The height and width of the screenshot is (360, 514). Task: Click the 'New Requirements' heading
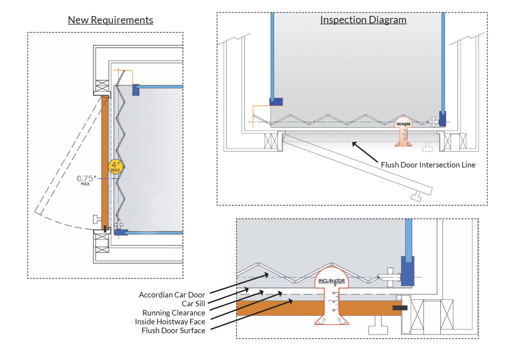pos(110,20)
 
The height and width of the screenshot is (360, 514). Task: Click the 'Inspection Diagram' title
pos(363,20)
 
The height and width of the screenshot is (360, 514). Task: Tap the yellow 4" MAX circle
pos(115,166)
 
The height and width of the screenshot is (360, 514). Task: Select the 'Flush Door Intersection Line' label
pos(428,165)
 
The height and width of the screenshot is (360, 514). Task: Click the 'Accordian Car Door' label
pos(172,295)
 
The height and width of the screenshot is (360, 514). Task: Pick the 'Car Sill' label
pos(193,304)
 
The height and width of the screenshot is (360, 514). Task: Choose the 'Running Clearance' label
pos(174,313)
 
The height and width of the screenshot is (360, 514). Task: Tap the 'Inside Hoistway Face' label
pos(170,322)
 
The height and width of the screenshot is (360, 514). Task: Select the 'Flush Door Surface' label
pos(173,331)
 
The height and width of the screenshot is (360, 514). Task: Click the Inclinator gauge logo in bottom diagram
pos(331,281)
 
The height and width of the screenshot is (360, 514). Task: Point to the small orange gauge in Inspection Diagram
pos(403,132)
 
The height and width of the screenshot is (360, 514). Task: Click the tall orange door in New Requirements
pos(105,161)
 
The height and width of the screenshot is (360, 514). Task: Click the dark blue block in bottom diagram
pos(407,271)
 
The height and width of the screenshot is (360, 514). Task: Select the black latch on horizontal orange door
pos(400,307)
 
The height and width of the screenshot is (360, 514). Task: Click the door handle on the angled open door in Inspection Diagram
pos(416,197)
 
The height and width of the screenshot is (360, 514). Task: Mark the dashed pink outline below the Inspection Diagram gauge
pos(427,147)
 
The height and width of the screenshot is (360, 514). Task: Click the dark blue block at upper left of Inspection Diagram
pos(276,102)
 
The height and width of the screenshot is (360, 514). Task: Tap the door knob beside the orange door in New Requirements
pos(97,219)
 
